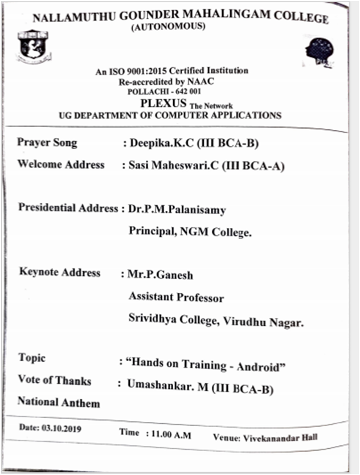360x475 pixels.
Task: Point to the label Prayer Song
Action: (x=47, y=142)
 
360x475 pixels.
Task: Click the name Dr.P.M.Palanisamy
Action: (x=177, y=210)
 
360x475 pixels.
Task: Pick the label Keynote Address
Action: (x=60, y=272)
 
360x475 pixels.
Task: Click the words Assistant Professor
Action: (x=176, y=297)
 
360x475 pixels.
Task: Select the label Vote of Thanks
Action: (x=55, y=380)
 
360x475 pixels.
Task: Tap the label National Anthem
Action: (x=59, y=402)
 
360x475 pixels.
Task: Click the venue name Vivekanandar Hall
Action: (x=280, y=438)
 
